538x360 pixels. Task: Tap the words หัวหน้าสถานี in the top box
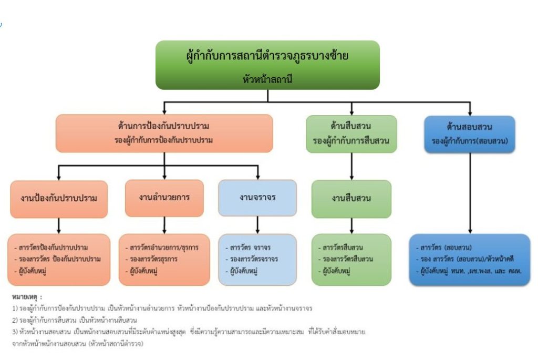point(267,80)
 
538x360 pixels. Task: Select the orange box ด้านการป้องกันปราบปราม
point(164,133)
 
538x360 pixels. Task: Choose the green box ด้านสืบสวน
point(351,133)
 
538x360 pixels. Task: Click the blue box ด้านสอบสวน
point(470,133)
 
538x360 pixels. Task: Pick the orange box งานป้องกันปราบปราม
point(59,199)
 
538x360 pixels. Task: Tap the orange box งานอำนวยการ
point(164,198)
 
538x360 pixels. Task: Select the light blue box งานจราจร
point(257,198)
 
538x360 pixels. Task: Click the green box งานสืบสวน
point(351,199)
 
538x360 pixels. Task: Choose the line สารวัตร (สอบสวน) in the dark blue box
point(447,247)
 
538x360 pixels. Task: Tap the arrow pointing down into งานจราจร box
point(257,173)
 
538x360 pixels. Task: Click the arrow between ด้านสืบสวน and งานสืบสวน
point(351,167)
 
